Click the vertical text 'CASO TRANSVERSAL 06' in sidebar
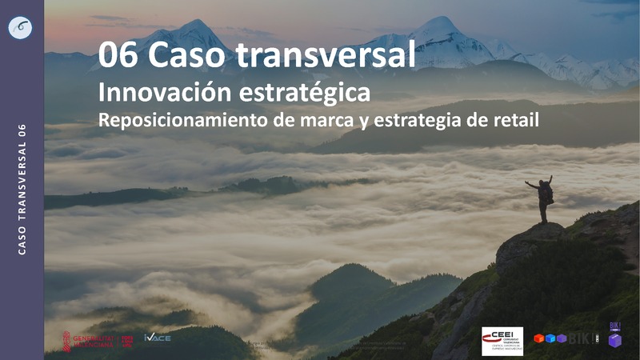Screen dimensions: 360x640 coord(22,190)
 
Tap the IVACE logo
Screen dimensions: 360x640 coord(157,338)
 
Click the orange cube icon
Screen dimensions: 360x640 coord(539,338)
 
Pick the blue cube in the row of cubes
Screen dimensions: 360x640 coord(550,338)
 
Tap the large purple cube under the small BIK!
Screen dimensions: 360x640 coord(614,341)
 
